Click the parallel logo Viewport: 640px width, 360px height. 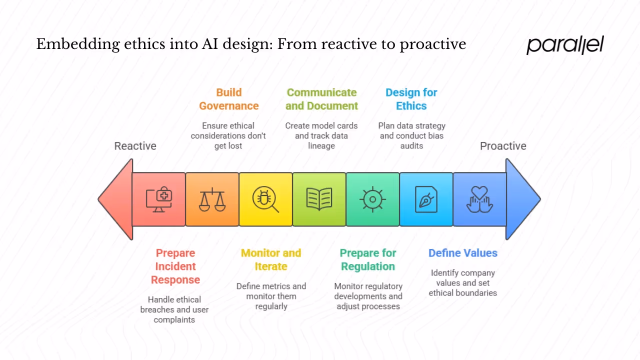(565, 45)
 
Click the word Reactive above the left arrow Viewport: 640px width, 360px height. (135, 146)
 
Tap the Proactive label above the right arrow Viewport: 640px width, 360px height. (503, 146)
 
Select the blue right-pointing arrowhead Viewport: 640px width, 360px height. (522, 199)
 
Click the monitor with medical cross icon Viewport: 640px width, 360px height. (159, 199)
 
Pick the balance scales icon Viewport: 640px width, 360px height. (212, 199)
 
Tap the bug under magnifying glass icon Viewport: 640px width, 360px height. (265, 199)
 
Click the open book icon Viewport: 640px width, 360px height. (319, 199)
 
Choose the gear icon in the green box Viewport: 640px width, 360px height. (372, 199)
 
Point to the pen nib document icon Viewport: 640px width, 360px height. (426, 199)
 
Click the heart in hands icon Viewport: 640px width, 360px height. (479, 199)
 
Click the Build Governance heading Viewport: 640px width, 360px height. (228, 99)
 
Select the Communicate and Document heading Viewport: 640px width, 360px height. (321, 99)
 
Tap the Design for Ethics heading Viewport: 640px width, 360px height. (411, 99)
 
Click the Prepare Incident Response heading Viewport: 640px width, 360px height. (175, 266)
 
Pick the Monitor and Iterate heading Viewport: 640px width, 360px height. (271, 259)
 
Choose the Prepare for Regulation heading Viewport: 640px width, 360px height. (368, 259)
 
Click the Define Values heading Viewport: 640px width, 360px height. (462, 253)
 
